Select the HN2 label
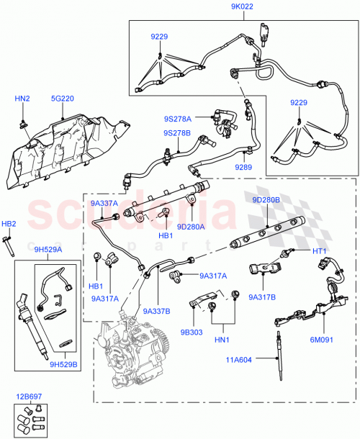coord(22,98)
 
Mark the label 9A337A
coord(104,204)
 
